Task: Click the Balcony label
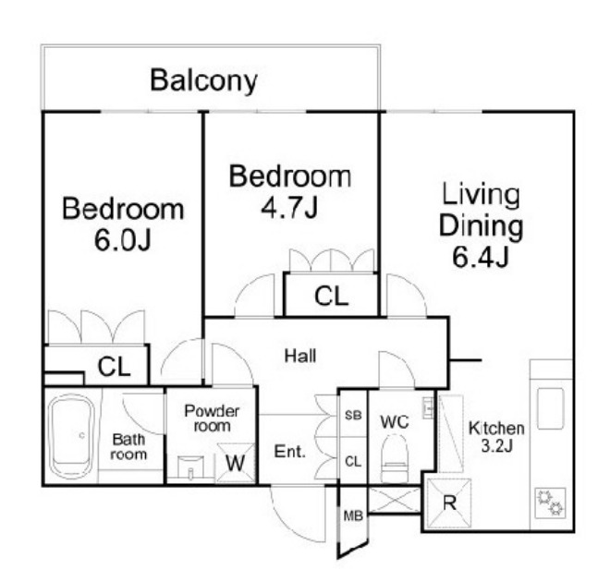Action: tap(204, 80)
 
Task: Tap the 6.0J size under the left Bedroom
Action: tap(123, 240)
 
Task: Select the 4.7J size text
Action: tap(289, 208)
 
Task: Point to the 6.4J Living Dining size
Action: tap(481, 257)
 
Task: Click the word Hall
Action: tap(300, 356)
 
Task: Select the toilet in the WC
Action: tap(395, 459)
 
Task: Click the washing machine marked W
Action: tap(236, 463)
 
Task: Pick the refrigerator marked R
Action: tap(449, 503)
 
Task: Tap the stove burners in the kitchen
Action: tap(550, 503)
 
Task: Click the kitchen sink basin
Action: tap(550, 408)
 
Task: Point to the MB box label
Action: tap(353, 516)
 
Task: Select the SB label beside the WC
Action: tap(353, 415)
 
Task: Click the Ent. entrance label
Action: tap(290, 452)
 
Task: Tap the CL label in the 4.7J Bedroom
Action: tap(332, 297)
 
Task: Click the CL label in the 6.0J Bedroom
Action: tap(114, 367)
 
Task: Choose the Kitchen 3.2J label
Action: tap(496, 437)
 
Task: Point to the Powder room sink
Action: tap(190, 467)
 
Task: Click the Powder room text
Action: tap(212, 418)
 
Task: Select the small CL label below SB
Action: tap(353, 462)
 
